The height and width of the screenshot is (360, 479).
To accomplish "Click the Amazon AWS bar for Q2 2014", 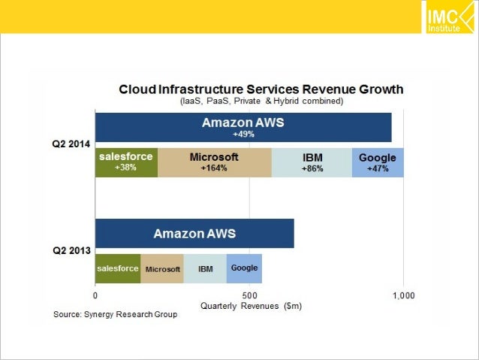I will coord(243,127).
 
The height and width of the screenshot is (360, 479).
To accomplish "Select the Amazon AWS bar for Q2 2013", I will coord(194,234).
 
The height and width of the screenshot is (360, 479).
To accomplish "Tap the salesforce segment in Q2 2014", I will coord(126,162).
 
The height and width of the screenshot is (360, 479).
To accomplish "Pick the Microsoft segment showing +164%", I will coord(214,162).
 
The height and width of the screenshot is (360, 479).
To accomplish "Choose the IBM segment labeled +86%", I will coord(312,162).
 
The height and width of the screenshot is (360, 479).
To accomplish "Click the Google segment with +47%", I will coord(378,162).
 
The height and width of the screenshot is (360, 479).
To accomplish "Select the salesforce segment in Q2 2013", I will coord(118,268).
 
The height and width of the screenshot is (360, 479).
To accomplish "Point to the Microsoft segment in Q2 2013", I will coord(163,268).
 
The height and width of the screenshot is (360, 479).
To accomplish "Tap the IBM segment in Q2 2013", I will coord(205,268).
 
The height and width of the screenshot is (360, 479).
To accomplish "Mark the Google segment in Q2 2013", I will coord(244,268).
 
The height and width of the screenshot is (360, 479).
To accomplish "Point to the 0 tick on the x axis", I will coord(95,295).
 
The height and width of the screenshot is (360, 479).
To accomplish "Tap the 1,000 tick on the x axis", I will coord(404,295).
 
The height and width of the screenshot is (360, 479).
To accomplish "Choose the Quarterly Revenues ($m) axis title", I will coord(247,307).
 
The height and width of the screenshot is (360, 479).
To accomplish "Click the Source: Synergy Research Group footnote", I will coord(114,313).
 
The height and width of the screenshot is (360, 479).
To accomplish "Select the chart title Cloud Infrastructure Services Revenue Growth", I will coord(261,89).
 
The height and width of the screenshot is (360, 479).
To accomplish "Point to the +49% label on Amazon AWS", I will coord(243,135).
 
